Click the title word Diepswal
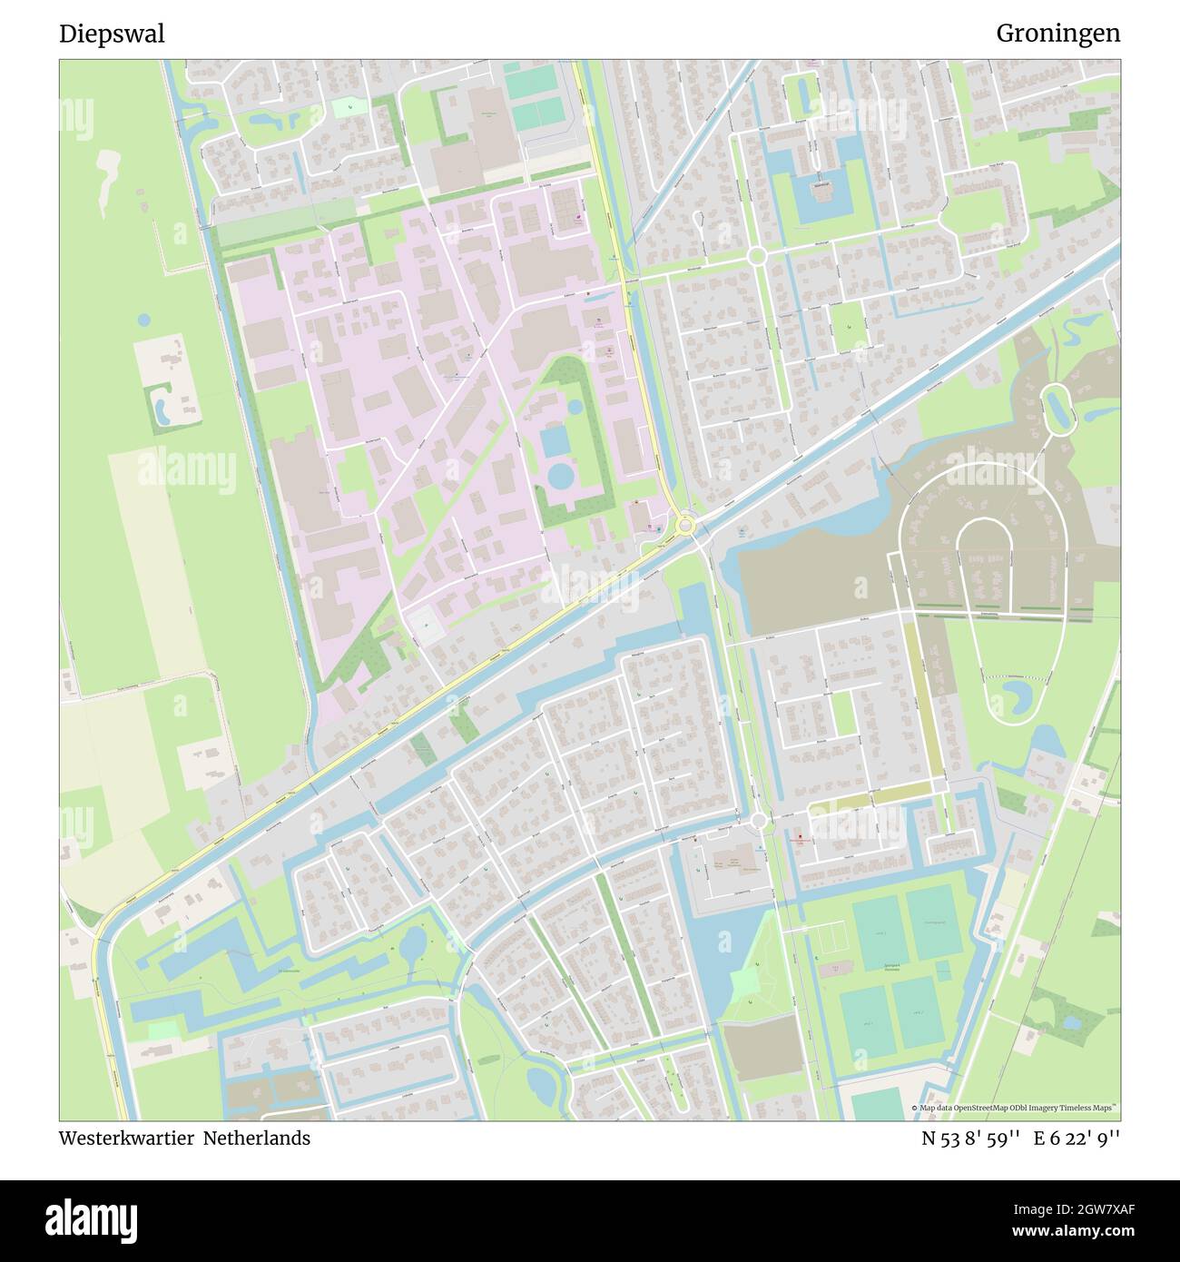tap(112, 34)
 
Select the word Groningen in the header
tap(1057, 34)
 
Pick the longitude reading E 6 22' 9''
tap(1077, 1139)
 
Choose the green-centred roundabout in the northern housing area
tap(757, 257)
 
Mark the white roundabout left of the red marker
tap(760, 821)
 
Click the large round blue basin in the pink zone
tap(561, 475)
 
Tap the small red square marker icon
tap(800, 838)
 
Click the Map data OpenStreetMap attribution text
tap(1017, 1109)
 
